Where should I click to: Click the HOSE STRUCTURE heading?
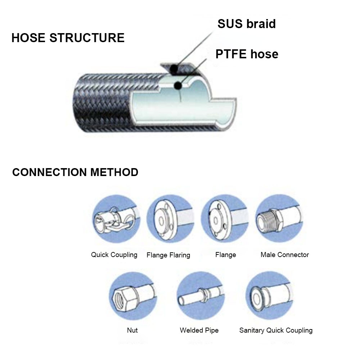click(x=68, y=38)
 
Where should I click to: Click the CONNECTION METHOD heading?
click(x=75, y=172)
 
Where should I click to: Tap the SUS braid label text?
click(x=247, y=24)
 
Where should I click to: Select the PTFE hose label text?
click(x=247, y=54)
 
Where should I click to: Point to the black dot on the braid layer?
click(x=174, y=68)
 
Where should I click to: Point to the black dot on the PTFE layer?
click(x=178, y=86)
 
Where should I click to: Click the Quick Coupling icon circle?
click(x=116, y=219)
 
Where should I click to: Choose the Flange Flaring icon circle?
click(x=171, y=219)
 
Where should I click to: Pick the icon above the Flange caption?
click(x=225, y=219)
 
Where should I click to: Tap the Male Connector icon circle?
click(x=279, y=219)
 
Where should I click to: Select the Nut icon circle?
click(x=133, y=296)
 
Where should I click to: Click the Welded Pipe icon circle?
click(x=201, y=296)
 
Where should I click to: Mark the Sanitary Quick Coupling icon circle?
click(x=269, y=296)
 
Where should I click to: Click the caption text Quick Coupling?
click(x=114, y=255)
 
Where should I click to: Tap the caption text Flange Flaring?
click(x=168, y=255)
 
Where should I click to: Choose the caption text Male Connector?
click(x=285, y=255)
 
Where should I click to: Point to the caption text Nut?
click(x=132, y=330)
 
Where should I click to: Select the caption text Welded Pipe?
click(x=199, y=330)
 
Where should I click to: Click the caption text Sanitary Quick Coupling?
click(x=276, y=330)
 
